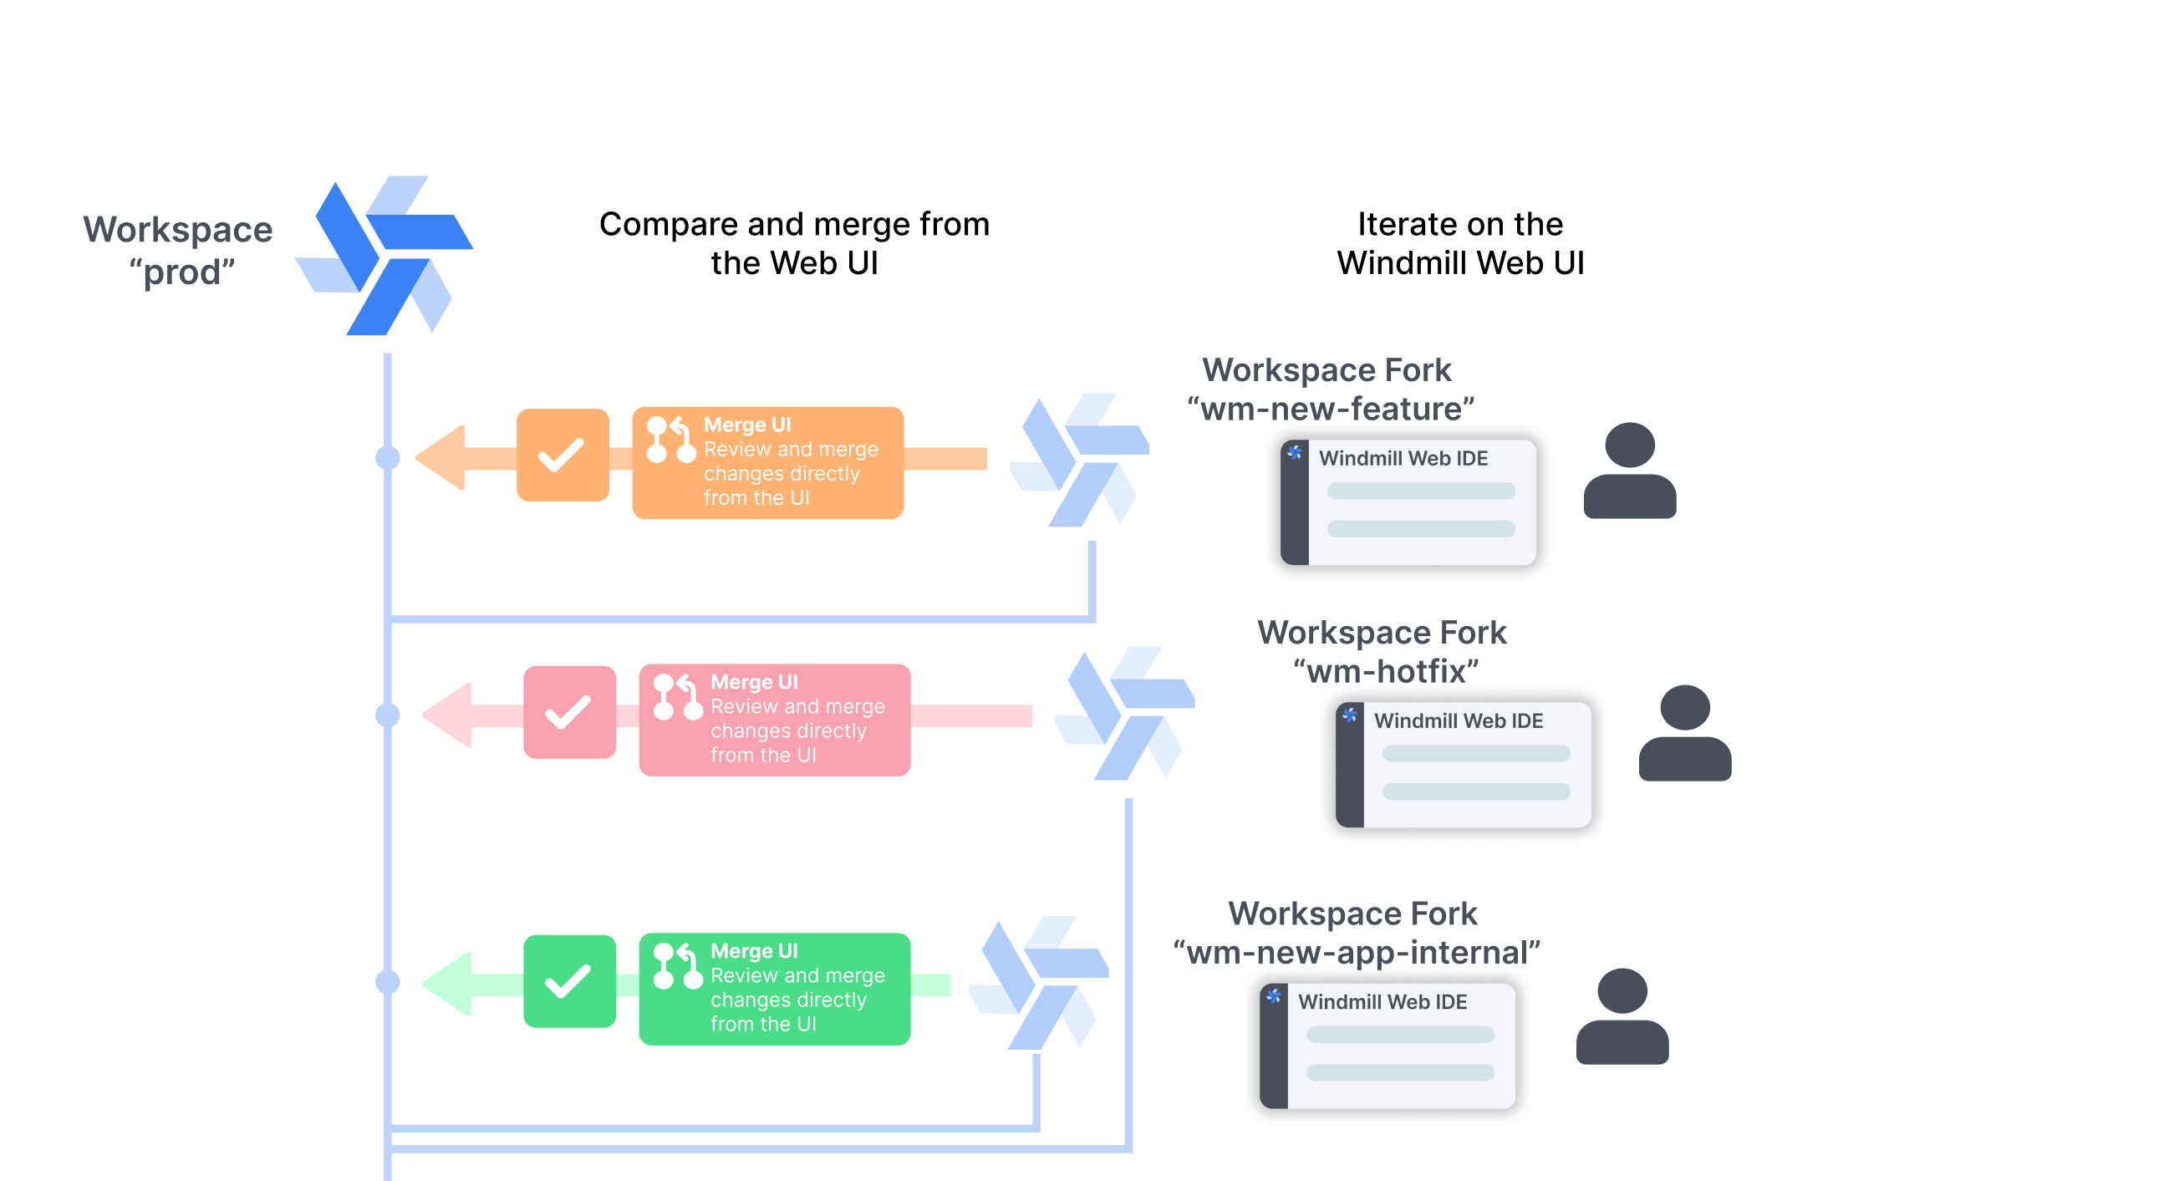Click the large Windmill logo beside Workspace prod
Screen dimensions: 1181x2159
tap(384, 256)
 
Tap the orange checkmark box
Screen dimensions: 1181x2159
tap(563, 456)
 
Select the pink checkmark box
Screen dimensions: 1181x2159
tap(569, 712)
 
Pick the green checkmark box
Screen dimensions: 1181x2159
tap(569, 980)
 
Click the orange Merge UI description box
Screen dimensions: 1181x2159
tap(767, 463)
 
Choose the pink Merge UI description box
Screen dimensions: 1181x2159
tap(775, 720)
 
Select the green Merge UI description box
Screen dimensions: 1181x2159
tap(775, 988)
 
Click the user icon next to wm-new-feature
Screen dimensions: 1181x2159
tap(1629, 471)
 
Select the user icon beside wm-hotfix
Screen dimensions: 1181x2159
tap(1684, 733)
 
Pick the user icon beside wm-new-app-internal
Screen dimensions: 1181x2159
tap(1622, 1016)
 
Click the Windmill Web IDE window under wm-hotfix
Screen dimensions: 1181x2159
tap(1464, 765)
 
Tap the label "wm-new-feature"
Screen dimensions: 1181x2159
tap(1330, 409)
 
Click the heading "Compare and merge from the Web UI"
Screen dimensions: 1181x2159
tap(794, 243)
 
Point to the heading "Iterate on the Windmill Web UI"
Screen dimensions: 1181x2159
tap(1460, 243)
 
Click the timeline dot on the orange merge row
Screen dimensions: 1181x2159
tap(387, 458)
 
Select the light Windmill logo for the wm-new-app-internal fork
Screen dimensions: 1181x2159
tap(1039, 983)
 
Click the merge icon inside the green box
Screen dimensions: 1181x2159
tap(676, 966)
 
